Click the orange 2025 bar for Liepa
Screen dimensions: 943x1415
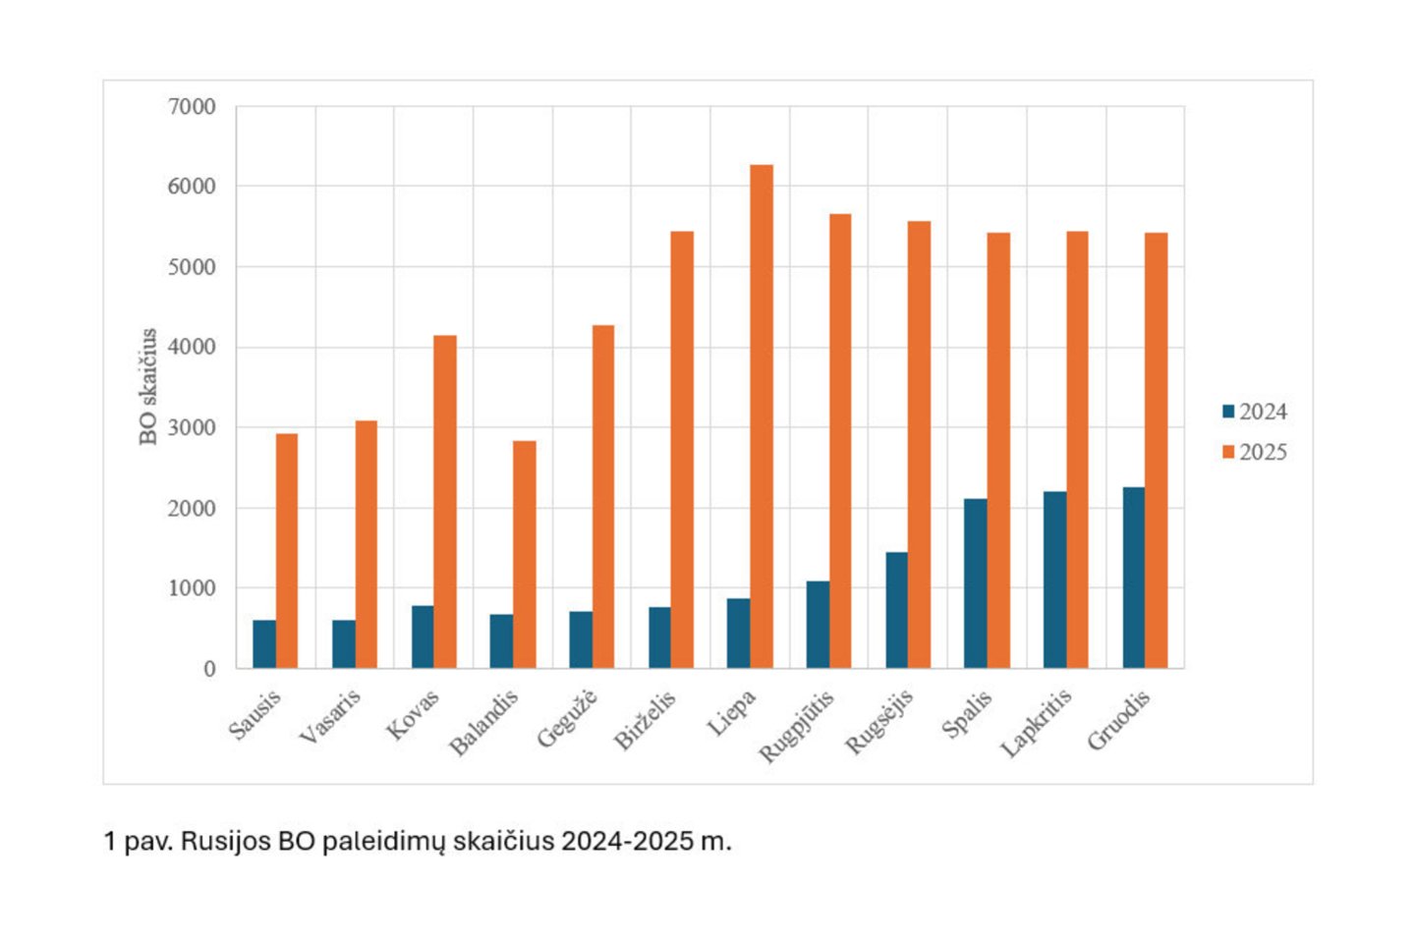click(762, 416)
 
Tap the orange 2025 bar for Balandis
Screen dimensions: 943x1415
click(525, 555)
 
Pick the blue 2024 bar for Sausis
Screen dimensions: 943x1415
click(264, 644)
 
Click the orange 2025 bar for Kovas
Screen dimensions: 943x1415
click(445, 502)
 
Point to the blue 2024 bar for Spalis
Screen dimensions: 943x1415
click(975, 583)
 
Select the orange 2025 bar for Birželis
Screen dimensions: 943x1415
click(682, 450)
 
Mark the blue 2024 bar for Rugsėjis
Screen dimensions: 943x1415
click(896, 610)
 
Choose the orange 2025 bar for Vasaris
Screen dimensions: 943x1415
click(367, 544)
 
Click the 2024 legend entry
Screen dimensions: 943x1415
click(1255, 412)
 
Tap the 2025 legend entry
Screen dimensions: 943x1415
click(1255, 452)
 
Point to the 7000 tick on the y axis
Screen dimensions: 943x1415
click(192, 106)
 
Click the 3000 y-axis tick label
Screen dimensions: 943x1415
click(192, 427)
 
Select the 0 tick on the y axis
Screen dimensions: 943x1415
click(209, 669)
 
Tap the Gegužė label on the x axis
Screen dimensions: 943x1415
click(567, 719)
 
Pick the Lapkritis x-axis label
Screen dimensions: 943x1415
click(1037, 723)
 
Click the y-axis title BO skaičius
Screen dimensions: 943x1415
click(148, 386)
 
